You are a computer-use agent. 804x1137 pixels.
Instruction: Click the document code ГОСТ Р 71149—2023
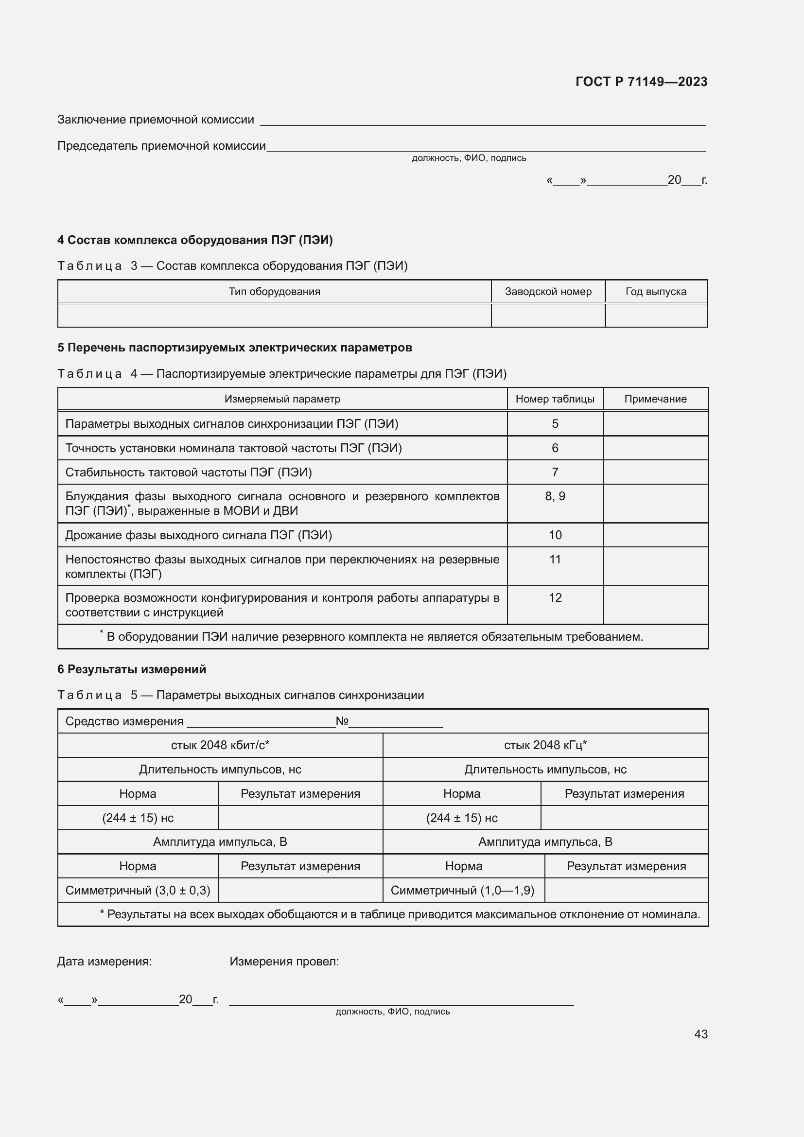(x=641, y=82)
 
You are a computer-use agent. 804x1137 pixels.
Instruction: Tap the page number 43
(x=700, y=1034)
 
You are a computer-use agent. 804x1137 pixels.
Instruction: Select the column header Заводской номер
(x=548, y=292)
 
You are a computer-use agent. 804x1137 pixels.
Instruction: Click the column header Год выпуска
(x=655, y=292)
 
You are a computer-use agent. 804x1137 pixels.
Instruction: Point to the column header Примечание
(x=655, y=399)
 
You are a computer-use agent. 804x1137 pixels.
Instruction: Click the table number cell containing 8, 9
(x=555, y=496)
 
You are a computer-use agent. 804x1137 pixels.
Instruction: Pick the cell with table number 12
(x=555, y=598)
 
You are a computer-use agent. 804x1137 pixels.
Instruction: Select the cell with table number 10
(x=555, y=535)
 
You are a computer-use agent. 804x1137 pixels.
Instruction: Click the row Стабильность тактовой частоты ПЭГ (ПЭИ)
(x=189, y=472)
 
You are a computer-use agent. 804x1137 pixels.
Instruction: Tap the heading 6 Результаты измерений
(x=132, y=669)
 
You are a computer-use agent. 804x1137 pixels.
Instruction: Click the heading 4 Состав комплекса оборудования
(x=195, y=240)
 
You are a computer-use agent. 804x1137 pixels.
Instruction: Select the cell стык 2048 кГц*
(x=545, y=745)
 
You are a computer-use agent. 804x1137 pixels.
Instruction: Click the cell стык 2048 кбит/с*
(x=220, y=745)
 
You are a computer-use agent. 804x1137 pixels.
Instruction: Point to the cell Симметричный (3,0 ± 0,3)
(x=138, y=891)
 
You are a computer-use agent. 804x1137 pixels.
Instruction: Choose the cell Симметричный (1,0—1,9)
(x=462, y=891)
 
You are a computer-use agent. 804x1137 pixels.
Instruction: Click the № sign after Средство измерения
(x=342, y=721)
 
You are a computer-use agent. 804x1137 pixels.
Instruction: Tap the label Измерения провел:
(x=284, y=962)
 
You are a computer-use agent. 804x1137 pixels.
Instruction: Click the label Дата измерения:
(x=105, y=962)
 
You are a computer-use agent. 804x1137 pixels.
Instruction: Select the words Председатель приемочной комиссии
(x=161, y=146)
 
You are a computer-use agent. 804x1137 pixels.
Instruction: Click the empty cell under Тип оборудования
(x=274, y=315)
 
